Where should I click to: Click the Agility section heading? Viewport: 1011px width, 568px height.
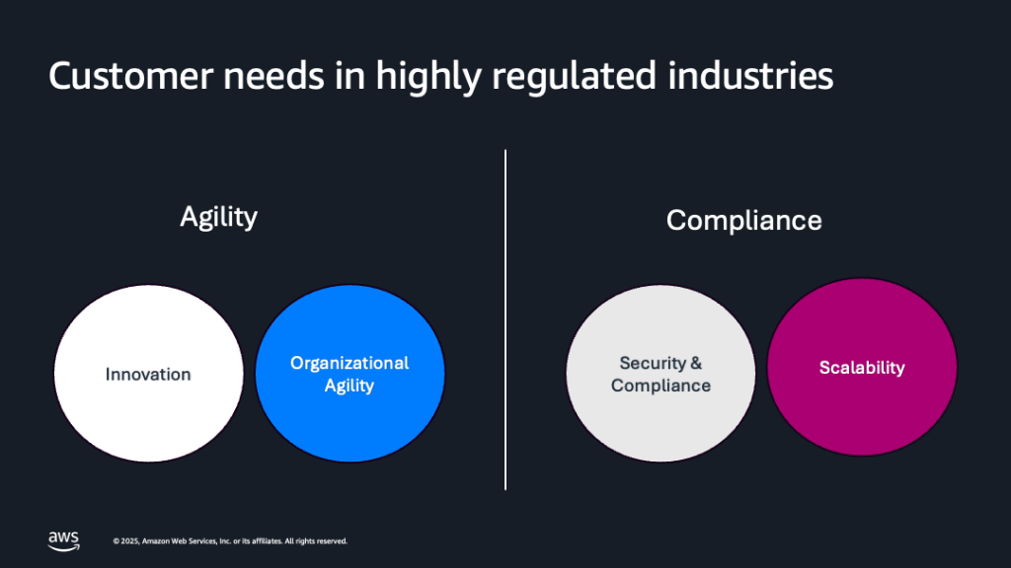point(218,216)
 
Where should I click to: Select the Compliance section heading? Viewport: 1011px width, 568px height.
point(743,219)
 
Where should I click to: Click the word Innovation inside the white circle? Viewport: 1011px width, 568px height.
point(148,375)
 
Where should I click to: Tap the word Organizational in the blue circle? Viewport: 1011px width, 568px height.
point(350,363)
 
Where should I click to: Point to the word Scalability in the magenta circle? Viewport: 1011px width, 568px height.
point(862,368)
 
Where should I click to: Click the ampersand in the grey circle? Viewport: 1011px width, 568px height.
point(696,363)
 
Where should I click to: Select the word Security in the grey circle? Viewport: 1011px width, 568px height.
point(652,363)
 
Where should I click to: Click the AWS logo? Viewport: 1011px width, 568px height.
point(64,539)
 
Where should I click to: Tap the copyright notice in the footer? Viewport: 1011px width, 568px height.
point(230,541)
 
